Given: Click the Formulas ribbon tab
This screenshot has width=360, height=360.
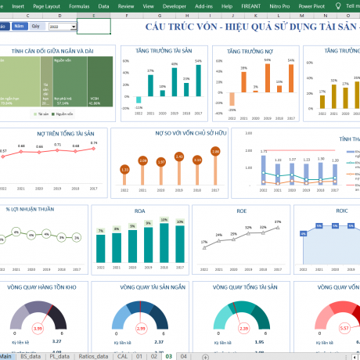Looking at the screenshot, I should (79, 5).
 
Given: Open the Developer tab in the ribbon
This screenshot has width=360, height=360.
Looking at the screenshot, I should (175, 5).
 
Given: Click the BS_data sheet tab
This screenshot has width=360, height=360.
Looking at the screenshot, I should (32, 355).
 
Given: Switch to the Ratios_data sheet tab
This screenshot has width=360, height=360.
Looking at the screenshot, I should (92, 355).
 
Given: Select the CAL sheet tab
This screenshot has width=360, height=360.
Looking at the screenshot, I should (123, 355).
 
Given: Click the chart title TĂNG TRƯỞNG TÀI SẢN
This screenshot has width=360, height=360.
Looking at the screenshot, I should (165, 51).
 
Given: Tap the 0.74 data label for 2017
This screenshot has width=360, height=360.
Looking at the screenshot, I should (94, 143).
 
